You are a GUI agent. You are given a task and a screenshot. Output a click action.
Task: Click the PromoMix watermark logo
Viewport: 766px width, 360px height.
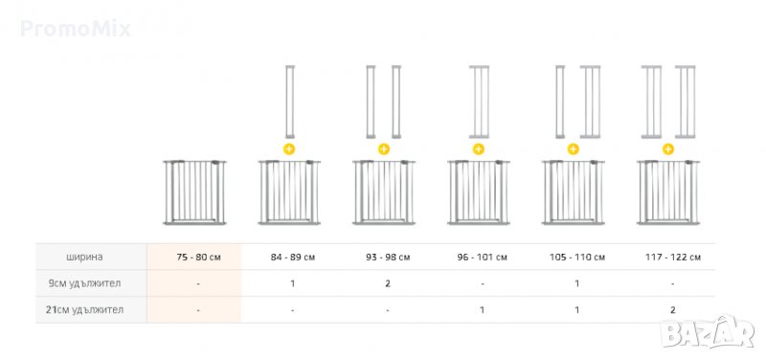tap(76, 29)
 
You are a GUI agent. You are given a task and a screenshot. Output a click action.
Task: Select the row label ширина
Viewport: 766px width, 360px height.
tap(84, 257)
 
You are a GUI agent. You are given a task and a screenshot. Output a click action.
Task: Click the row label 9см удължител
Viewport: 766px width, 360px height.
tap(84, 283)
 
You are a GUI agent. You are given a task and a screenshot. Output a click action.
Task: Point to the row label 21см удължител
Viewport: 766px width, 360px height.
tap(84, 309)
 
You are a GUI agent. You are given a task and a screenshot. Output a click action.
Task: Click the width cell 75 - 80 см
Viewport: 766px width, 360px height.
tap(198, 257)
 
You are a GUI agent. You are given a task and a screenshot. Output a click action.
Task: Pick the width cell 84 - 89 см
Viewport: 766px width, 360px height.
tap(293, 257)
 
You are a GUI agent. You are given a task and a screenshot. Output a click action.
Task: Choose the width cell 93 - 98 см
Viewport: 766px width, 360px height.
tap(388, 257)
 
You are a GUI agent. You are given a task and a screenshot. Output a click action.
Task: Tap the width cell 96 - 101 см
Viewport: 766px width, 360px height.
tap(483, 257)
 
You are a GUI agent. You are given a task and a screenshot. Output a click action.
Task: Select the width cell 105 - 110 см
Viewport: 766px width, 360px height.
tap(577, 257)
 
